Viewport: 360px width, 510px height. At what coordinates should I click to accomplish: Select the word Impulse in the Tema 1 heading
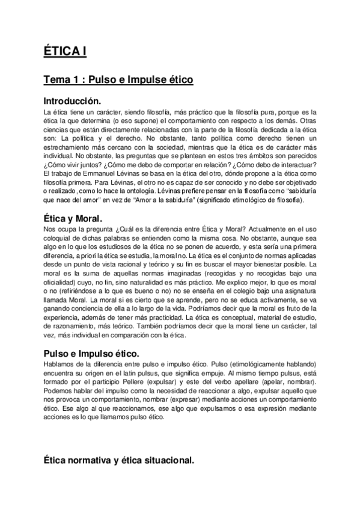pyautogui.click(x=135, y=79)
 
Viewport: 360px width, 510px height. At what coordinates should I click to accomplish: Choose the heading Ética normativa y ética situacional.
pyautogui.click(x=118, y=461)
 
